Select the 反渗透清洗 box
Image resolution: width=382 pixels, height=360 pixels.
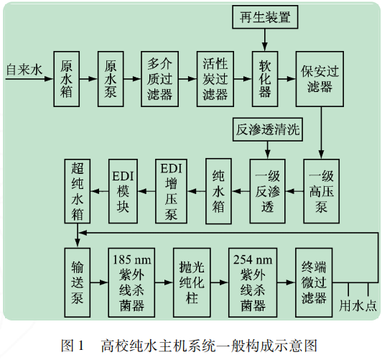[x=267, y=130]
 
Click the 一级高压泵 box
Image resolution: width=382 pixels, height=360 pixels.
[x=321, y=190]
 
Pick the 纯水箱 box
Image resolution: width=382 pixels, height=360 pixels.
[x=218, y=190]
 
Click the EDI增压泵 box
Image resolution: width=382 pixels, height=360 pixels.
[x=170, y=190]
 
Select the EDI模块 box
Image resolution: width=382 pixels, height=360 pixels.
[x=123, y=190]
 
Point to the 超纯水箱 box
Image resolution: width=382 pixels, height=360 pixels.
[x=78, y=190]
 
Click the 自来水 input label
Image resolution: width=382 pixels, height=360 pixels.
[x=24, y=71]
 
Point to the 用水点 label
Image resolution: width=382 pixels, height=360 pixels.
[x=358, y=305]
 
